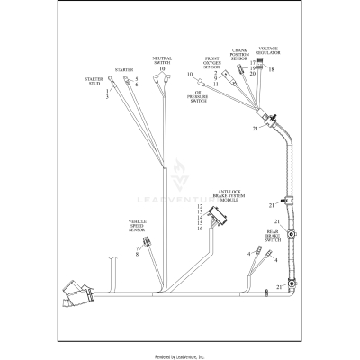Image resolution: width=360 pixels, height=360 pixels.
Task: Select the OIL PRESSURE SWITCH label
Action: pyautogui.click(x=200, y=95)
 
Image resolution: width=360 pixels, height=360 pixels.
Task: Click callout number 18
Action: pyautogui.click(x=271, y=69)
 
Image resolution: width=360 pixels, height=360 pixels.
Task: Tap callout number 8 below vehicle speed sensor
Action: pyautogui.click(x=138, y=256)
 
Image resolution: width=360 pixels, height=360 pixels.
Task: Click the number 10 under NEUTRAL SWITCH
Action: pyautogui.click(x=162, y=68)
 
